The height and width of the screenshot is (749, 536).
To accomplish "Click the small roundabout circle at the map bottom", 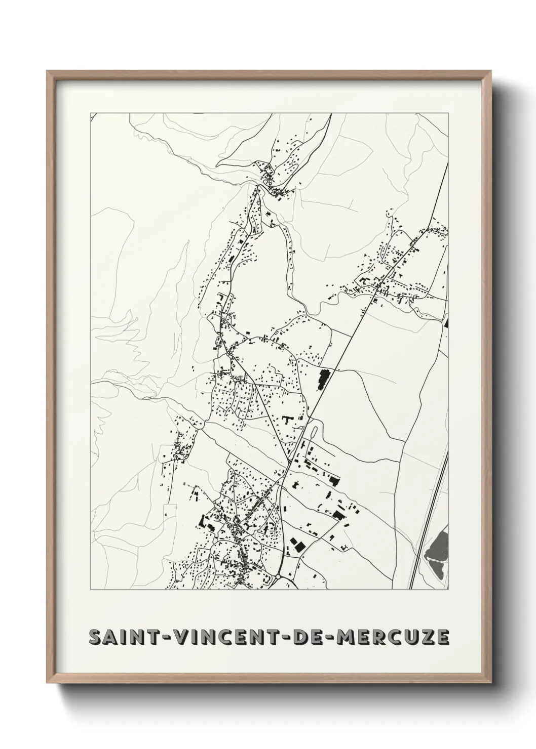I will pyautogui.click(x=278, y=576).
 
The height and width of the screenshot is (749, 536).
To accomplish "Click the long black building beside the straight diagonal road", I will pyautogui.click(x=322, y=380).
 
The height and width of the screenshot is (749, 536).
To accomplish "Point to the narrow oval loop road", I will pyautogui.click(x=313, y=433).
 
